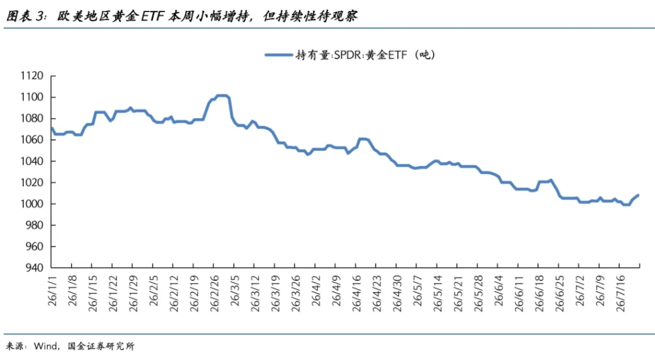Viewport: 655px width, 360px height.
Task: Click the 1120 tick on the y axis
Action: click(32, 75)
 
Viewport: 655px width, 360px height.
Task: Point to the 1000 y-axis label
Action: click(32, 204)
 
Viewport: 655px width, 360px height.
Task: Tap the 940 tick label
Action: click(35, 268)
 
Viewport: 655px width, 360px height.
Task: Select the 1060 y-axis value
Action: click(32, 140)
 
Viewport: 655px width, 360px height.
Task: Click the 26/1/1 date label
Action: click(52, 291)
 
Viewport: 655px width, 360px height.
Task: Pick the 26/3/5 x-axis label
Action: click(235, 291)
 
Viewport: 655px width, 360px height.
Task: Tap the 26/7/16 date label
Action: click(620, 293)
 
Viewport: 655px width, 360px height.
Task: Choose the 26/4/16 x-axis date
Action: click(356, 293)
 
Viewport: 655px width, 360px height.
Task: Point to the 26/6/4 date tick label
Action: click(499, 291)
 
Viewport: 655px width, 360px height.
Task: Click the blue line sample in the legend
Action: click(278, 55)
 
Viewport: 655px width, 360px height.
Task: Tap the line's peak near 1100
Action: click(222, 96)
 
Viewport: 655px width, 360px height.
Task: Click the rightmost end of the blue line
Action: click(638, 196)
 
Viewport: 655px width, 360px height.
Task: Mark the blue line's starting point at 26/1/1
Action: click(51, 129)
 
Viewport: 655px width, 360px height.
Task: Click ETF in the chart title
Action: click(152, 16)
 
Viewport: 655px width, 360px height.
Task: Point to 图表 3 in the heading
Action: click(25, 16)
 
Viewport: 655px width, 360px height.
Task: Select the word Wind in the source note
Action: click(45, 346)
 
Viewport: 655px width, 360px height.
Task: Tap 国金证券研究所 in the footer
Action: click(102, 346)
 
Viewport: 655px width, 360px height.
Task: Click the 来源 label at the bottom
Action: click(15, 346)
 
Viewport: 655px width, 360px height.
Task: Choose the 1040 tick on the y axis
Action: click(32, 161)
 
